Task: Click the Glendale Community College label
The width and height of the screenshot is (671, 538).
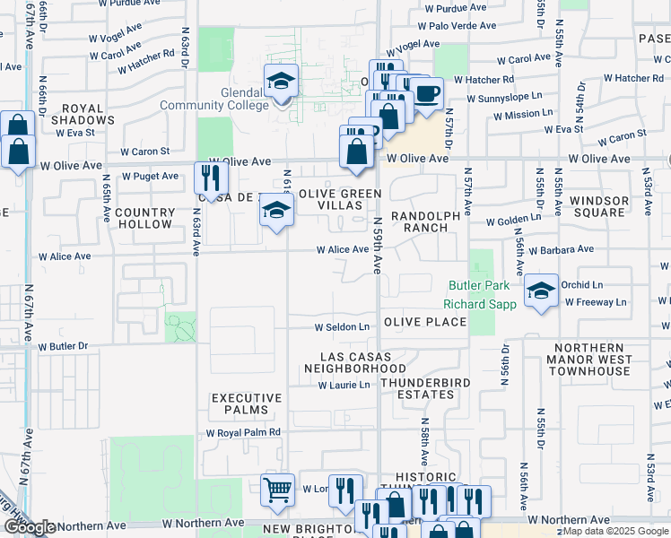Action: point(214,99)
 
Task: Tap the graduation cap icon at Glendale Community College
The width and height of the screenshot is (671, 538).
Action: point(281,82)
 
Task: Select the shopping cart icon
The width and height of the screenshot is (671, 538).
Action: point(278,490)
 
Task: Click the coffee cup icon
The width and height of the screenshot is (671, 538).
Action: point(427,92)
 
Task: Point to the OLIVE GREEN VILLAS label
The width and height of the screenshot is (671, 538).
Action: point(340,199)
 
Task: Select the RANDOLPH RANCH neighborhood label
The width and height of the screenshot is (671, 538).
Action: point(426,221)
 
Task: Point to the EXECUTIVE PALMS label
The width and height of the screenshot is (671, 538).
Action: point(247,403)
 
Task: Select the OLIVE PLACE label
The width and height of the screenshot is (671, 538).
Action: point(425,322)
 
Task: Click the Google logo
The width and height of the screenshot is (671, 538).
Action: point(29,527)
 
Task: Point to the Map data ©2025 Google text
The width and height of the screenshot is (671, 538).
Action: point(616,531)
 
